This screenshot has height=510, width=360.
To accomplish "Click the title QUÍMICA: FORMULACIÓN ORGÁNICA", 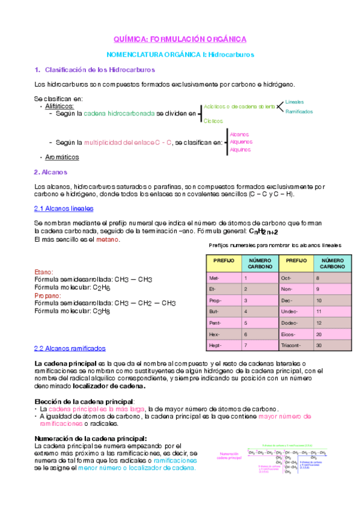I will pos(180,39).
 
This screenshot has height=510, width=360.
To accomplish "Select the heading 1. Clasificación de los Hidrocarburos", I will pos(94,70).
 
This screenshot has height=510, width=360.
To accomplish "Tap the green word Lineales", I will pos(294,102).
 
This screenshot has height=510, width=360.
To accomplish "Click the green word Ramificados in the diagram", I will pos(299,111).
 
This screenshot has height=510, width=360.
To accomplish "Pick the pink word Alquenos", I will pos(241,142).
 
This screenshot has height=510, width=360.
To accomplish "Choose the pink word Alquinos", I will pos(240,149).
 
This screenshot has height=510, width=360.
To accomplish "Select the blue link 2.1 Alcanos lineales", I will pos(64,208).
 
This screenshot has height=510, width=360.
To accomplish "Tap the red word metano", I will pos(108,239).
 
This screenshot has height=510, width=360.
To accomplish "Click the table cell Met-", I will pos(215,278).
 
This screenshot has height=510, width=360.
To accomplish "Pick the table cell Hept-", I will pos(215,345).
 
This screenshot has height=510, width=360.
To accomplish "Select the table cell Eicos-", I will pos(290,334).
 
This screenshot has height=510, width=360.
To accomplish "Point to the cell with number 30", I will pos(319,345).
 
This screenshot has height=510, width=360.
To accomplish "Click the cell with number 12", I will pos(319,323).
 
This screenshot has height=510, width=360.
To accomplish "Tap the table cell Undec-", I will pos(291,312).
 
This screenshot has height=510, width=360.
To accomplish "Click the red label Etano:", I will pos(44,272).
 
